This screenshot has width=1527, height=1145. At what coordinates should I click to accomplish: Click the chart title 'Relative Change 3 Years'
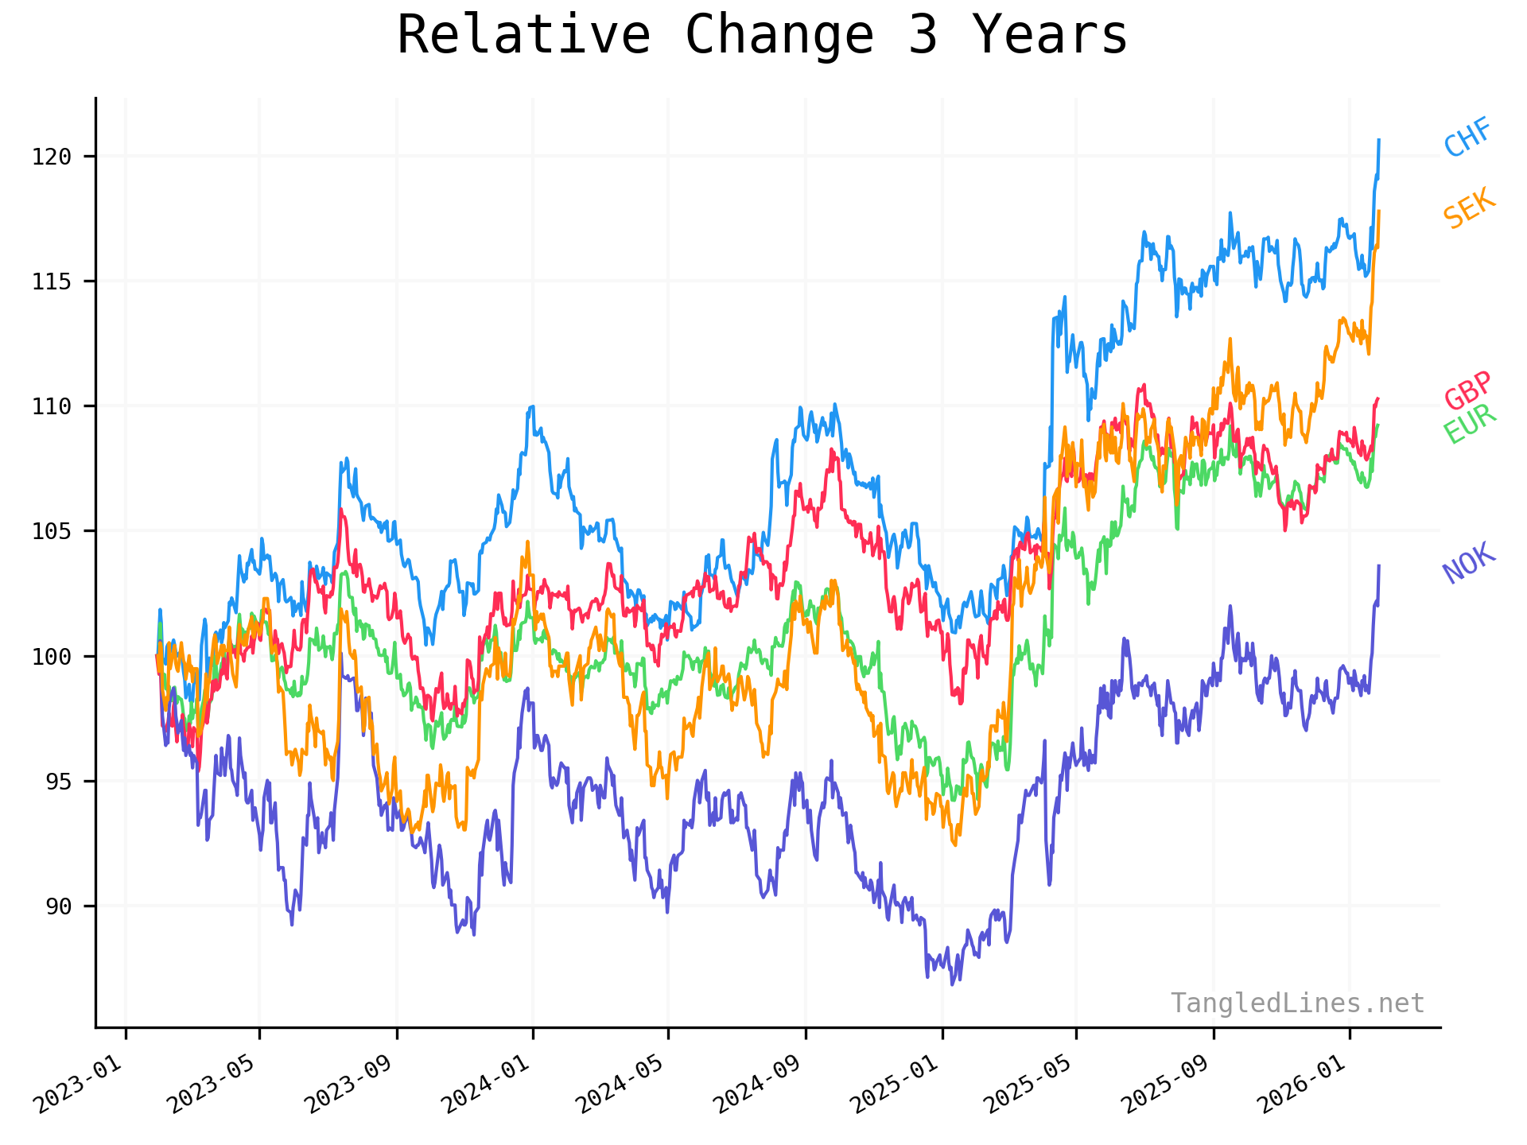pyautogui.click(x=762, y=36)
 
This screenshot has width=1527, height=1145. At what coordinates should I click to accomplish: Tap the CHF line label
pyautogui.click(x=1467, y=138)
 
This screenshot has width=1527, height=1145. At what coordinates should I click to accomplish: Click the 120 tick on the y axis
pyautogui.click(x=52, y=157)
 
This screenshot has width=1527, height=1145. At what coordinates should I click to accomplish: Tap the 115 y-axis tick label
pyautogui.click(x=52, y=281)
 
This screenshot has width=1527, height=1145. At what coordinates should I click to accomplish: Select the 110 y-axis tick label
pyautogui.click(x=52, y=406)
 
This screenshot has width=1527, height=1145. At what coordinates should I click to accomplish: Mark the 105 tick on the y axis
pyautogui.click(x=52, y=531)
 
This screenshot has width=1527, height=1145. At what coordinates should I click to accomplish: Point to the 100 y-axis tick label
pyautogui.click(x=52, y=657)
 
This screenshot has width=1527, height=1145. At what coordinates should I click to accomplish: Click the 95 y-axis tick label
pyautogui.click(x=58, y=782)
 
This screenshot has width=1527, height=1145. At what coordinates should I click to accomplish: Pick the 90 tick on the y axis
pyautogui.click(x=58, y=906)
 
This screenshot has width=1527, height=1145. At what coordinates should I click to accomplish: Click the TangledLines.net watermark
pyautogui.click(x=1297, y=1003)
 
